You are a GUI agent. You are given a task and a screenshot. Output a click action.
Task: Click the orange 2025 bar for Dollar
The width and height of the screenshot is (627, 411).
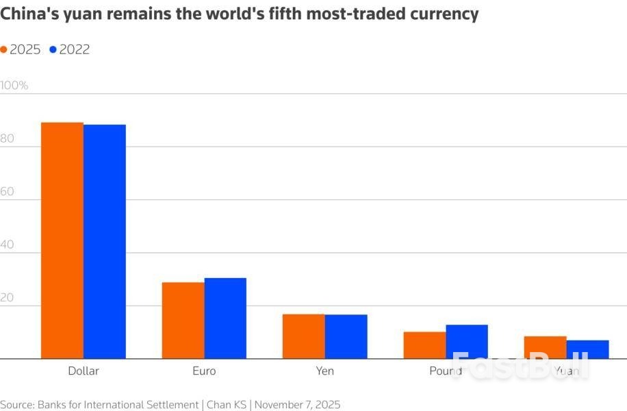coord(62,240)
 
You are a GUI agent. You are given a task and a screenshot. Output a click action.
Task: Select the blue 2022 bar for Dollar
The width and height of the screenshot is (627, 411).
coord(105,242)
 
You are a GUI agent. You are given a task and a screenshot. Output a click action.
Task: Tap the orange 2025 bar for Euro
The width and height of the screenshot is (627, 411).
coord(183,320)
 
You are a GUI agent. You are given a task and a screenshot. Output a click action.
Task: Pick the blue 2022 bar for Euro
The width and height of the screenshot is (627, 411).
coord(225,318)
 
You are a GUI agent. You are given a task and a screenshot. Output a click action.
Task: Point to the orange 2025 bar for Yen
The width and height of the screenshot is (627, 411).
coord(304,336)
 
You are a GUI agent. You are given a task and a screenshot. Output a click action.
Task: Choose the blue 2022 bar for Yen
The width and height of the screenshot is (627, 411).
coord(346,336)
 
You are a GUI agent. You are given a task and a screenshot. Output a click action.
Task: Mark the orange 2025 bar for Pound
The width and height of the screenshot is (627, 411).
coord(424,345)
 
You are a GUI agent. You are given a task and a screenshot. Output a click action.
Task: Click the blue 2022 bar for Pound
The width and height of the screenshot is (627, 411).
coord(467,341)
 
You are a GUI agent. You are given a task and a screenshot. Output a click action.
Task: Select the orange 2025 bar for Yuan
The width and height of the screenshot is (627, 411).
coord(546,347)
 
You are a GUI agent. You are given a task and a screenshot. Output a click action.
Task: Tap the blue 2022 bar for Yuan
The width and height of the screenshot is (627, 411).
coord(588,349)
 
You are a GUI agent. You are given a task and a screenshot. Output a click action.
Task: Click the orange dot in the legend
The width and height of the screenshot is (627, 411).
coord(4,49)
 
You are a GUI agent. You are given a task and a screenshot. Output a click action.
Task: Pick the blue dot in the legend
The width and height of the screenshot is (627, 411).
coord(53,49)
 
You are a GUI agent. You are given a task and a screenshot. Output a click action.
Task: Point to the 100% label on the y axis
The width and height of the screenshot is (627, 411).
coord(14,86)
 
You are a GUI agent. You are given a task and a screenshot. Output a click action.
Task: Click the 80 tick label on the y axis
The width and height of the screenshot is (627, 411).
coord(8,138)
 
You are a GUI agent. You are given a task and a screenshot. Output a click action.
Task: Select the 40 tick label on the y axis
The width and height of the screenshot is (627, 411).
coord(8,245)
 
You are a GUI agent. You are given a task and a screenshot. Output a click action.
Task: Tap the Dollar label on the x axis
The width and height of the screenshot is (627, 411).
coord(84,371)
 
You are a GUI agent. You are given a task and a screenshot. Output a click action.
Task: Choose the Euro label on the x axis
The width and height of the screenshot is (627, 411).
coord(204,371)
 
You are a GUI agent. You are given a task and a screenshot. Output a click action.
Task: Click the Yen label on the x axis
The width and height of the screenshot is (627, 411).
coord(325,371)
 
